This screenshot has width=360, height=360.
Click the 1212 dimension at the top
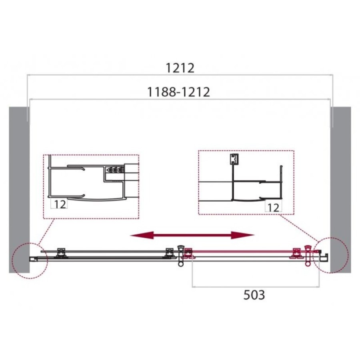pyautogui.click(x=180, y=68)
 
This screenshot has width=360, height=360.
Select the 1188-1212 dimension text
pyautogui.click(x=178, y=92)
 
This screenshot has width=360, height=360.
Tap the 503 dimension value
pyautogui.click(x=254, y=295)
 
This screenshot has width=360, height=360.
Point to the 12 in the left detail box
pyautogui.click(x=60, y=204)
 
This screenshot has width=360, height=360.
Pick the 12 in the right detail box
pyautogui.click(x=274, y=208)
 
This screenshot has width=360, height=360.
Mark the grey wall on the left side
pyautogui.click(x=19, y=190)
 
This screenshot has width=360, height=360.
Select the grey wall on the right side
pyautogui.click(x=341, y=190)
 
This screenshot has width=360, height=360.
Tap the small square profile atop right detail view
pyautogui.click(x=234, y=159)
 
